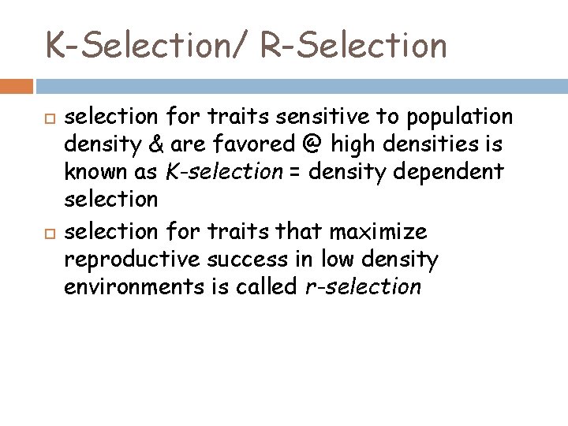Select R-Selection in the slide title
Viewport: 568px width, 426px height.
pyautogui.click(x=353, y=45)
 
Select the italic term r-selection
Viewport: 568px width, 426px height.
pyautogui.click(x=363, y=286)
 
